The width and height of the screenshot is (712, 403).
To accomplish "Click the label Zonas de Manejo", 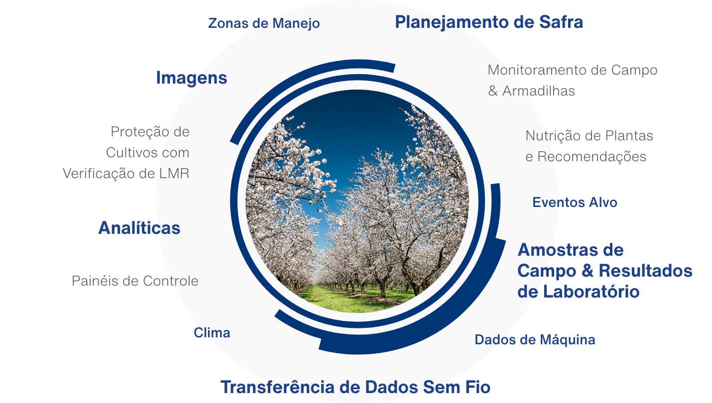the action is pos(264,23).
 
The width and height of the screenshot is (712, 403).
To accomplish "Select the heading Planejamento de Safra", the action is pos(489,22).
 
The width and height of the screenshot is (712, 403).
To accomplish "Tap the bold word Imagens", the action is pos(192,78).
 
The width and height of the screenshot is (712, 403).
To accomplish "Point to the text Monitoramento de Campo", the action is pos(573,70).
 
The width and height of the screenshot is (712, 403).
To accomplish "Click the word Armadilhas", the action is pos(538,91).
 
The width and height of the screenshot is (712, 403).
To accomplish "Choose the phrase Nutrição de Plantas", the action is pos(590,136).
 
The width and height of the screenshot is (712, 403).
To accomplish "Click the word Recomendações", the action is pos(592,157).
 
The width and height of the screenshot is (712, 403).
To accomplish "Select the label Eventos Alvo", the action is pos(575,202).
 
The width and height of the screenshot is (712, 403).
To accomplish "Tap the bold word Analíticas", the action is pos(139,228).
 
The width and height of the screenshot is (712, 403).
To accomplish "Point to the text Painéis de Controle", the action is pos(135,281).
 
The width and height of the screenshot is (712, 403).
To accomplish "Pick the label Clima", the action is pos(212,333).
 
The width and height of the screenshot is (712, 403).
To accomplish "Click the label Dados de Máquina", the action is pos(535,340).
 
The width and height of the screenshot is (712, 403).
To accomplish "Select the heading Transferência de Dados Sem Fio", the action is pos(356,387).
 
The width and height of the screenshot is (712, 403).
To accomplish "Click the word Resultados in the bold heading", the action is pos(646,271).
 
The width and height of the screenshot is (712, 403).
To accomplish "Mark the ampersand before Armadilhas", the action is pos(493,91).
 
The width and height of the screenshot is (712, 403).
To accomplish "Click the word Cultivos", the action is pos(132,153).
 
